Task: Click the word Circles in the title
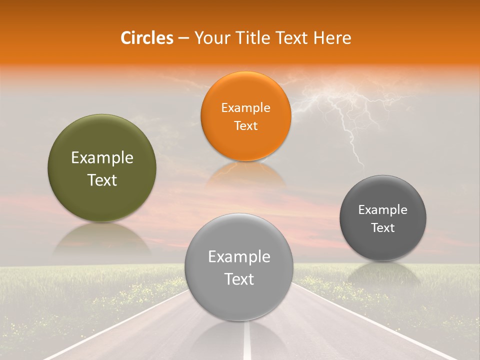[x=146, y=38]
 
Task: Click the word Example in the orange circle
[x=245, y=108]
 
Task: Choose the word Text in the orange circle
[x=245, y=126]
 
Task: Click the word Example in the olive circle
[x=102, y=158]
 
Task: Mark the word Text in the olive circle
[x=102, y=180]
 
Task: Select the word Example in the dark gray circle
[x=382, y=210]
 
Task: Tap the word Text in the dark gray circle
[x=382, y=228]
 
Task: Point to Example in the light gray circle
[x=239, y=257]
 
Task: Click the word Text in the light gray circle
[x=239, y=279]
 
